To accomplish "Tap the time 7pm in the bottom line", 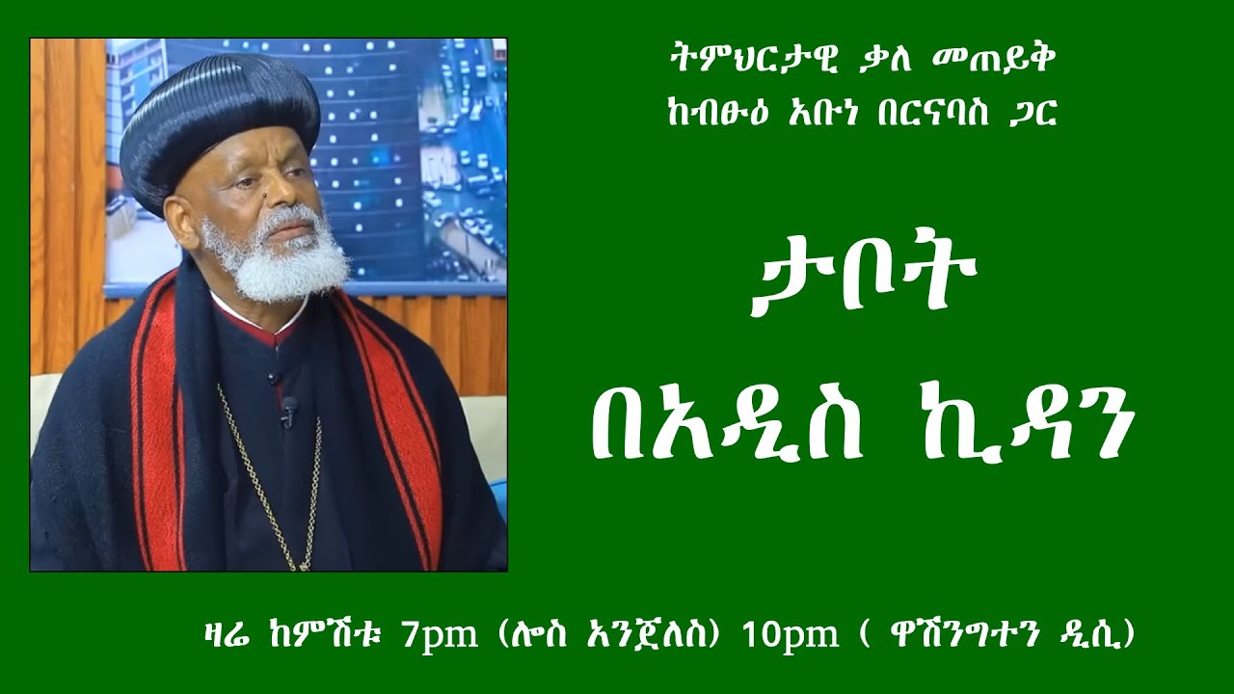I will (443, 637).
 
